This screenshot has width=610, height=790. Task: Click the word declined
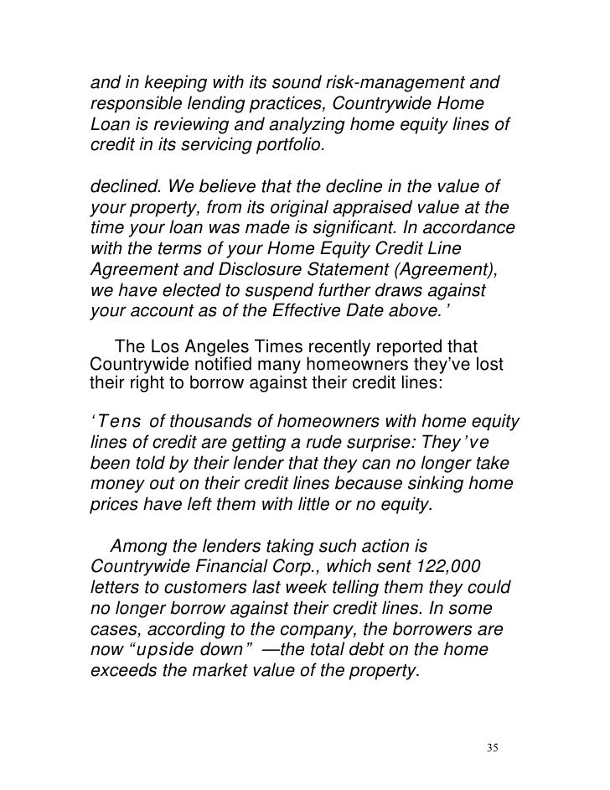tap(121, 185)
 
